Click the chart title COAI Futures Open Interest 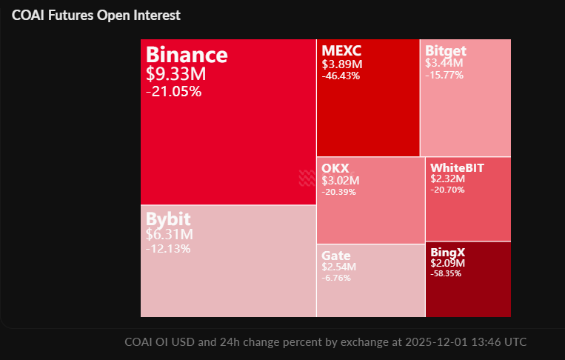click(96, 15)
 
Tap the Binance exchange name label click(187, 55)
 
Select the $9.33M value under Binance click(176, 74)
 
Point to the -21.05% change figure click(174, 91)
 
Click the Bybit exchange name click(168, 219)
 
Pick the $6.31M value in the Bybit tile click(170, 234)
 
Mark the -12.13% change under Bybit click(168, 248)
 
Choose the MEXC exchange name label click(341, 51)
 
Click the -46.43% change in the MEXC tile click(341, 76)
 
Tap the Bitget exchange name click(446, 51)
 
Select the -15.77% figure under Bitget click(444, 75)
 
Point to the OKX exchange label click(335, 168)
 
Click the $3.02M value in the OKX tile click(341, 180)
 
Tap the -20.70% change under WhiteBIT click(447, 190)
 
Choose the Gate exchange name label click(336, 256)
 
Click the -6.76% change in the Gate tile click(336, 278)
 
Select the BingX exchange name click(447, 252)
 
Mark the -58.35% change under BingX click(446, 273)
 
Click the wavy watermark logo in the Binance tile click(307, 177)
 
